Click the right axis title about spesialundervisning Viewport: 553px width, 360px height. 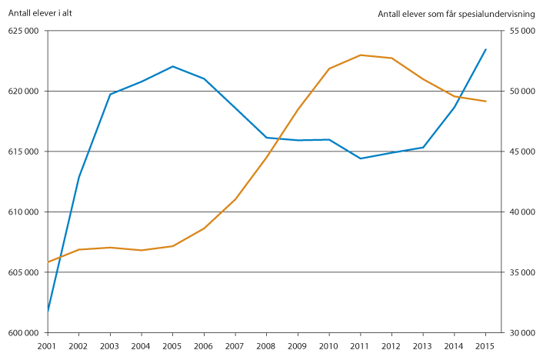click(x=461, y=14)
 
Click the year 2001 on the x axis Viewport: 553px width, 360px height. click(x=48, y=348)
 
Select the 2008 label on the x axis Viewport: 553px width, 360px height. click(x=266, y=348)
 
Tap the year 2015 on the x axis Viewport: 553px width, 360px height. click(x=485, y=348)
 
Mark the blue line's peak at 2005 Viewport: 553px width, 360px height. click(x=173, y=66)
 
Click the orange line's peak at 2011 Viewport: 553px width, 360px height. click(x=361, y=55)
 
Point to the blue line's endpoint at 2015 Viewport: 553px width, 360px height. click(x=485, y=49)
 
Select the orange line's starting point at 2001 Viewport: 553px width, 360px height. click(x=48, y=262)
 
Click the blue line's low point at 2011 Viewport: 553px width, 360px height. click(x=361, y=158)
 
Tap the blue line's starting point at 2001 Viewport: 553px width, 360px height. click(x=48, y=311)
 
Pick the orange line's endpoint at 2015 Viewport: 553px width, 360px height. click(x=485, y=102)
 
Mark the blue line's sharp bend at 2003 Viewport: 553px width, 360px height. click(x=110, y=94)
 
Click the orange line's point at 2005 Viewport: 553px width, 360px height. click(x=173, y=246)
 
